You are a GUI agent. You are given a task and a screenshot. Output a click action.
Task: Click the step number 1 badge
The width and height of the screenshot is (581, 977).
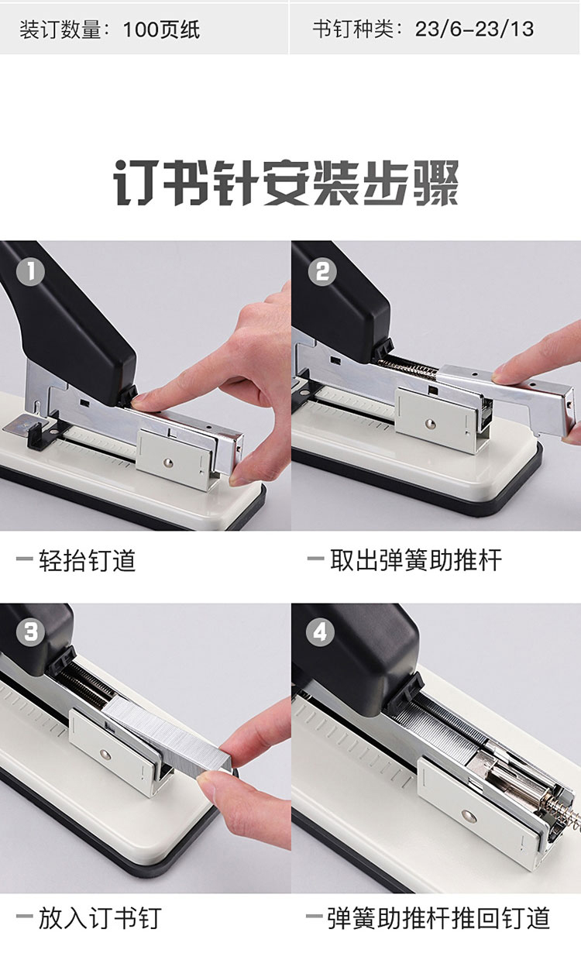[30, 272]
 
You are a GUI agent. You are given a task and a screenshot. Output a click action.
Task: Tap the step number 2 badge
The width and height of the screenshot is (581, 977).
[322, 272]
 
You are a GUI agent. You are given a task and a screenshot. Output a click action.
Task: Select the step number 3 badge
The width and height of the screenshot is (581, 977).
[30, 632]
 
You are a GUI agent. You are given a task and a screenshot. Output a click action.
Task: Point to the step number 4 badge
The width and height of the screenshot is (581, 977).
[320, 632]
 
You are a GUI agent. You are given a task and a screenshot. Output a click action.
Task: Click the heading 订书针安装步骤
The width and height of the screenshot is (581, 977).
[286, 183]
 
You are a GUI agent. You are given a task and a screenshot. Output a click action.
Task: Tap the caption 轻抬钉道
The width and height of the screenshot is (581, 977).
[88, 560]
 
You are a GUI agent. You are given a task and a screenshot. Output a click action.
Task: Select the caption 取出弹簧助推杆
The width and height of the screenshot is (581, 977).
[416, 560]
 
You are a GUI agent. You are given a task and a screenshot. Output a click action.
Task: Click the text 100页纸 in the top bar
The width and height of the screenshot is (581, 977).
[161, 29]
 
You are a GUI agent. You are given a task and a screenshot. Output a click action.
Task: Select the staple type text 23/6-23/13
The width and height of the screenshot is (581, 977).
[474, 29]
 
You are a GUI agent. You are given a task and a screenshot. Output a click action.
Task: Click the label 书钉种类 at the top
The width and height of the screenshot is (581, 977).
[352, 29]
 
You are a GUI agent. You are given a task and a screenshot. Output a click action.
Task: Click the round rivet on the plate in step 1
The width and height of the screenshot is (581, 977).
[167, 462]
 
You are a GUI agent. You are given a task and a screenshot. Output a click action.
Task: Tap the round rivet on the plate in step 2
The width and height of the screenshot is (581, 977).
[430, 422]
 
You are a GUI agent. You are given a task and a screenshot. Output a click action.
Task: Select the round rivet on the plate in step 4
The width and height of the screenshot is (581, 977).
[468, 816]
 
